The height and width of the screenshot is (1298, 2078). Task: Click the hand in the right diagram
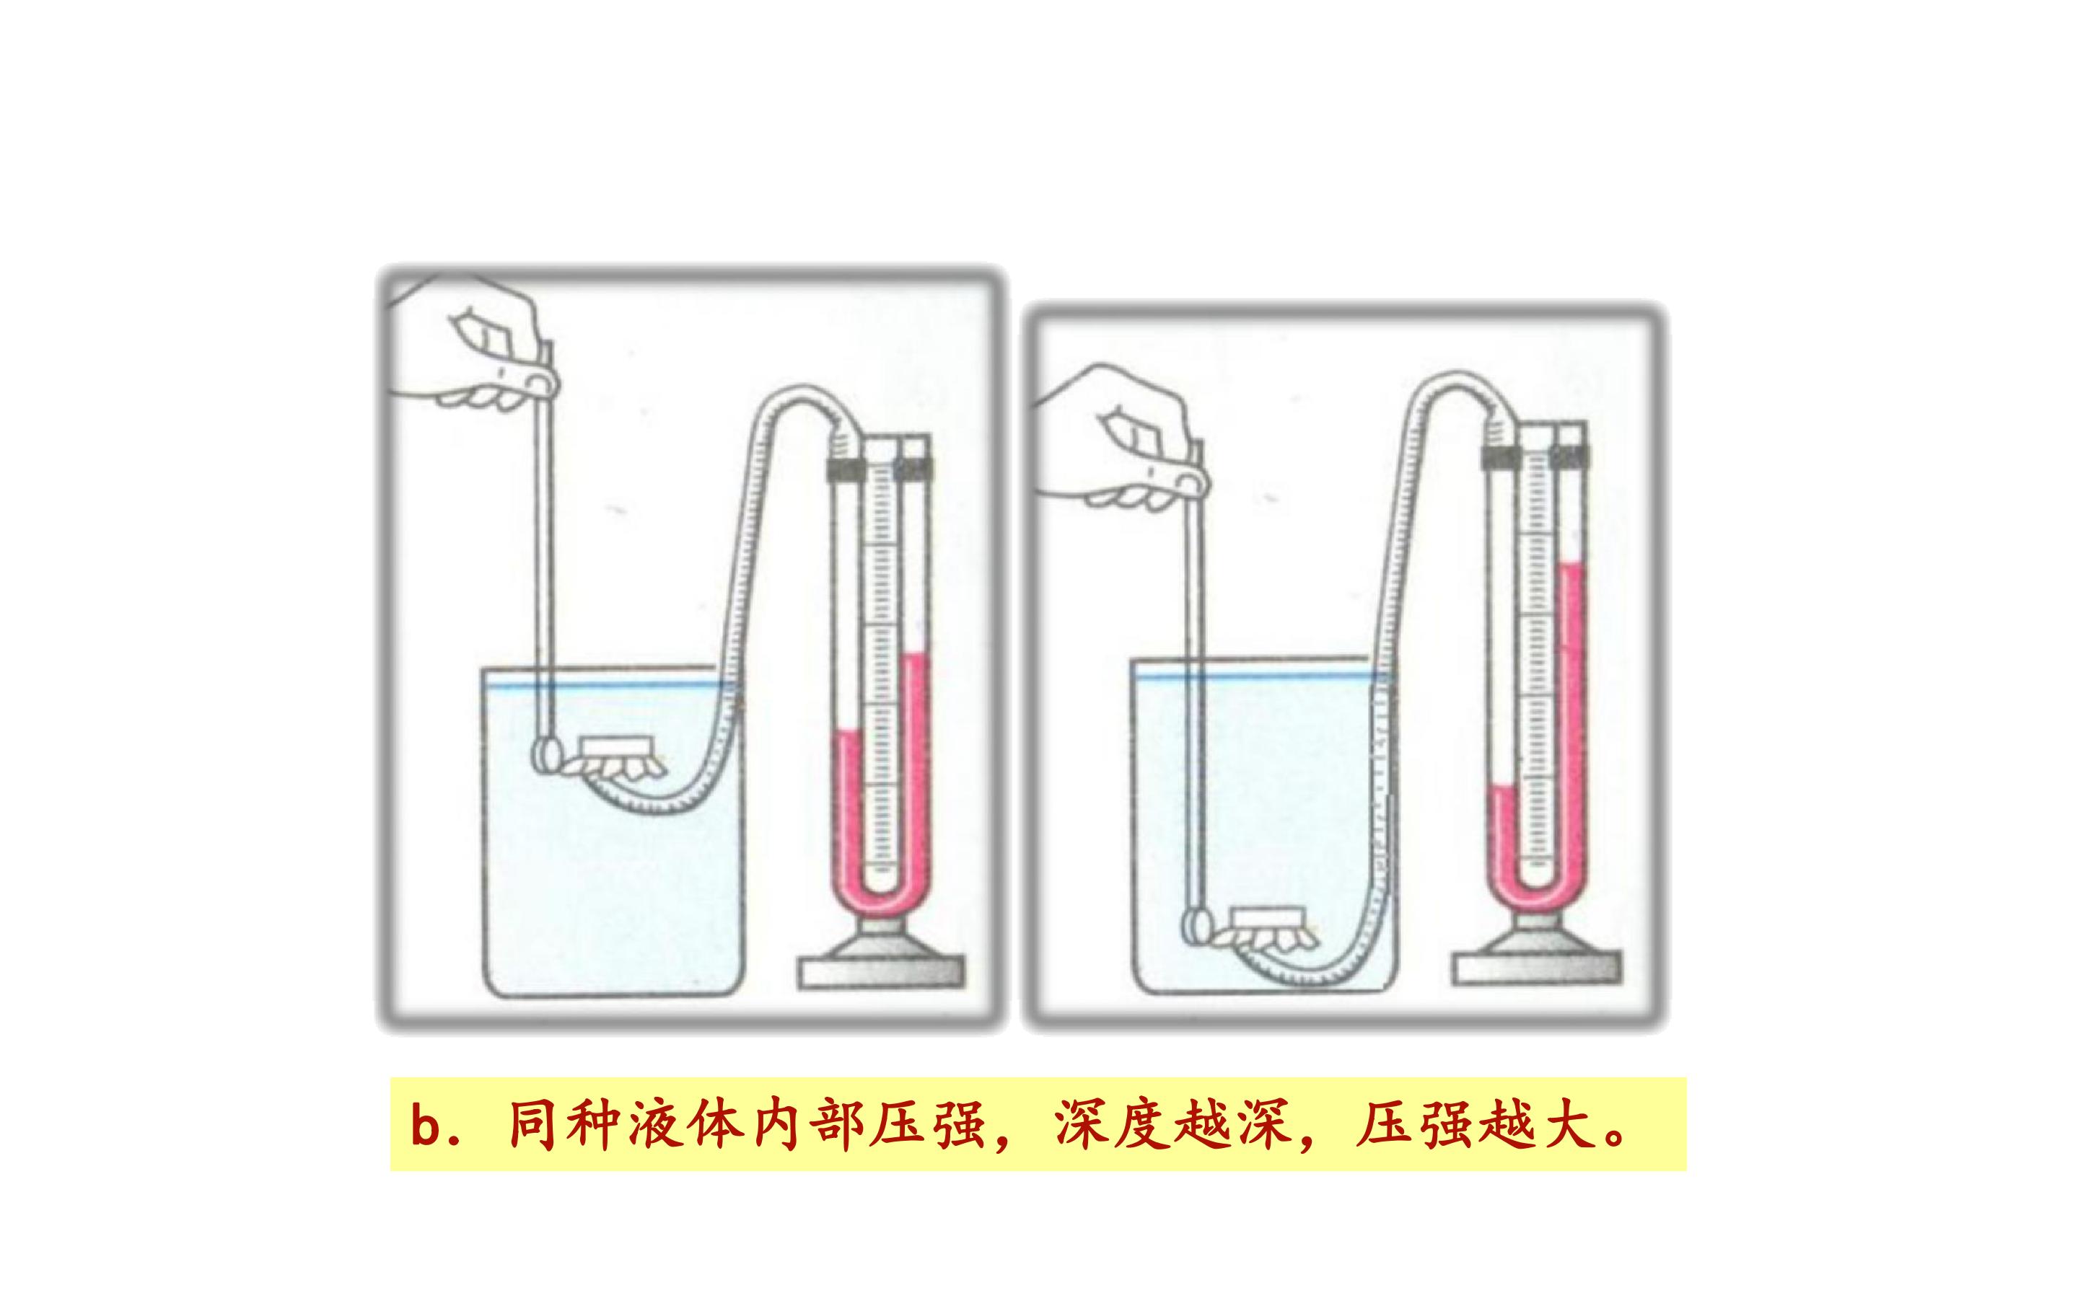tap(1125, 438)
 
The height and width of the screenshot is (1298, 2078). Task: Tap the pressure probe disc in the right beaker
tap(1196, 927)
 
